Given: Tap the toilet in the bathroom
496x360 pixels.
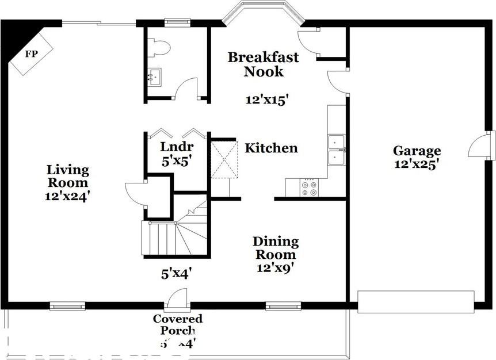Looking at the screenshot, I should [x=158, y=47].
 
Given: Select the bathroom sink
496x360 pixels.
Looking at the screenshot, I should [x=154, y=76].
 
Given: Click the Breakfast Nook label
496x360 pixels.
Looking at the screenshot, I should [x=263, y=64].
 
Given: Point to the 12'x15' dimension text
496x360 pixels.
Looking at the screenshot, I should [x=266, y=99].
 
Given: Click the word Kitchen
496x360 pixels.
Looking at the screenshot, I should [x=271, y=148].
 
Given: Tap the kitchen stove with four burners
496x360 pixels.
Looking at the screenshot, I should [x=309, y=187].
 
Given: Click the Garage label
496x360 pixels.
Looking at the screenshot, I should [x=417, y=151].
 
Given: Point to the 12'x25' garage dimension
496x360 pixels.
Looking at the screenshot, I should [x=417, y=163].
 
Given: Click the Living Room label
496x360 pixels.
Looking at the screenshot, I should [x=68, y=177].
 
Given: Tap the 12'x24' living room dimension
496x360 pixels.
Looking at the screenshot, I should [x=68, y=196].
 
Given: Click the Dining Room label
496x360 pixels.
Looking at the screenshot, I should [x=276, y=247].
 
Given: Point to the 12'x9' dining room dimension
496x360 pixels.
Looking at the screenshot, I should [x=276, y=267].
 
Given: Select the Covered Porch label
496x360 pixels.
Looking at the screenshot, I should [x=177, y=324].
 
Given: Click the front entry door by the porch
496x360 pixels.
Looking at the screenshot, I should [x=176, y=298].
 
